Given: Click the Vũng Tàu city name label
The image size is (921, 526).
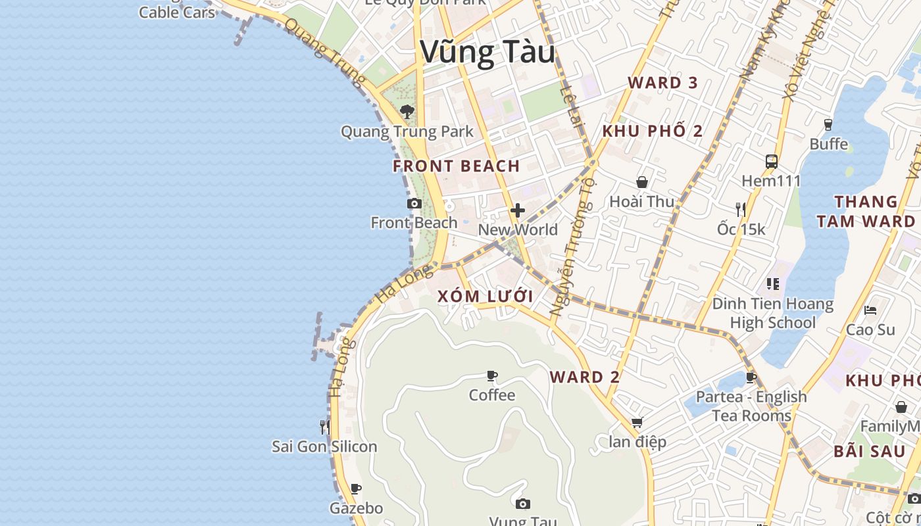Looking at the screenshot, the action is coord(487,53).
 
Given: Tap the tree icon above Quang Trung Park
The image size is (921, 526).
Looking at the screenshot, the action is coord(407,112).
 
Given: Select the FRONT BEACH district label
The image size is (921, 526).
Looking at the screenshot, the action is coord(457,166).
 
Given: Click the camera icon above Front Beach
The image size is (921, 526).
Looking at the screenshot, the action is coord(414,204).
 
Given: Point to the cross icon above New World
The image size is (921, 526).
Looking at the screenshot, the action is coord(518,211).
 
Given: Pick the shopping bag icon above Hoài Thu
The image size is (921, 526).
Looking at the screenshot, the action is coord(642,182).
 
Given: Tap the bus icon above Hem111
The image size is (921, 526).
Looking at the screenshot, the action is coord(771,161).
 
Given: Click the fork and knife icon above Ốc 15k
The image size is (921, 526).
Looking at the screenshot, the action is coord(741,210).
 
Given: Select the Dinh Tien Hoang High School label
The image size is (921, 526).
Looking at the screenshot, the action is coord(773,314).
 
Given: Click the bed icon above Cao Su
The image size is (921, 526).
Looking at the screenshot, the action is coord(870,310).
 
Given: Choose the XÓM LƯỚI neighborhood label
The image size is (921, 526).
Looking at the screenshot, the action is coord(485,297).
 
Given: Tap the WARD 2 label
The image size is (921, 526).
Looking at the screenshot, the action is coord(585,377).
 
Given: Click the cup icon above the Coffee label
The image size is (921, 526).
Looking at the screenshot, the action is coord(491,376).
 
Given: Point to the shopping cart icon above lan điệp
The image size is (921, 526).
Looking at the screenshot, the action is coord(636,423).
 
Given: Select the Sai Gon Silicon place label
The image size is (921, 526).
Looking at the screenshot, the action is coord(324,447).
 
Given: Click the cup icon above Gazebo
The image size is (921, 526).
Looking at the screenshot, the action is coord(356,489).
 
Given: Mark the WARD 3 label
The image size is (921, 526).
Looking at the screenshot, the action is coord(662,83).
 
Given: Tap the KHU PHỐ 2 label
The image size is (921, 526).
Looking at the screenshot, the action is coord(653,131).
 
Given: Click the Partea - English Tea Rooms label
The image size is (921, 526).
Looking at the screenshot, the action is coord(751,406).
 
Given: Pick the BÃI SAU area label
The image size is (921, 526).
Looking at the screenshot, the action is coord(870,452).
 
